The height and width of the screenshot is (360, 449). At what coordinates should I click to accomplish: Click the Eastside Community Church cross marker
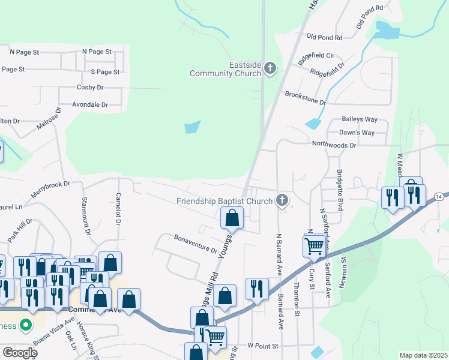coord(270,68)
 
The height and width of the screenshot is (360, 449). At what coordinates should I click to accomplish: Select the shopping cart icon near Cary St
coord(315,245)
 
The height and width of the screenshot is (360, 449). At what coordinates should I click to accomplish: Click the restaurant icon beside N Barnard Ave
coord(257,289)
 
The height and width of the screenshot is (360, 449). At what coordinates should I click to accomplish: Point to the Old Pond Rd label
coord(324,37)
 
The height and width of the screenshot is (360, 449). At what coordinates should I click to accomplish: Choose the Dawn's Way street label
coord(357,132)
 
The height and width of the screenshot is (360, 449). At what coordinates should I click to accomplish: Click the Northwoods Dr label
coord(334,145)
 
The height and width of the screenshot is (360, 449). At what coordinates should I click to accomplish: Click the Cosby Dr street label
coord(91,87)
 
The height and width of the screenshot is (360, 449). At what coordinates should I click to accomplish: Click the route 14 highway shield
coord(440,197)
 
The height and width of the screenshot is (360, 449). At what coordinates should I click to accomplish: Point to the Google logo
coord(19,353)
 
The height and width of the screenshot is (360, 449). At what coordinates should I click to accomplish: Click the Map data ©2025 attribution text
coord(423,355)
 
